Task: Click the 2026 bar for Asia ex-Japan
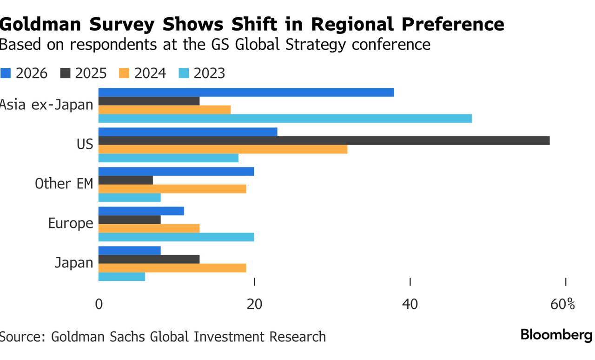246,92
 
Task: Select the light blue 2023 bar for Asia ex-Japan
285,119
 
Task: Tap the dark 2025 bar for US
324,140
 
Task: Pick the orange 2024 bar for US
223,149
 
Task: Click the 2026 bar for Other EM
176,171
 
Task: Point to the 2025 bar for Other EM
126,180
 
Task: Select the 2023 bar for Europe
176,237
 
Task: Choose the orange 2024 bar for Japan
172,268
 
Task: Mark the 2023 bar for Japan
122,277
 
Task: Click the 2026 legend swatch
6,73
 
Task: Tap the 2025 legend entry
84,73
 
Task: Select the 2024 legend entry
143,73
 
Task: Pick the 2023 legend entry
202,73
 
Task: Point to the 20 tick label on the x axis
254,305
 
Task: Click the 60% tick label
562,305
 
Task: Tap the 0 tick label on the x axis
99,305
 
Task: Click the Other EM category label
64,184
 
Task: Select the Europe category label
71,224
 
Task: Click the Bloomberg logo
556,335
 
